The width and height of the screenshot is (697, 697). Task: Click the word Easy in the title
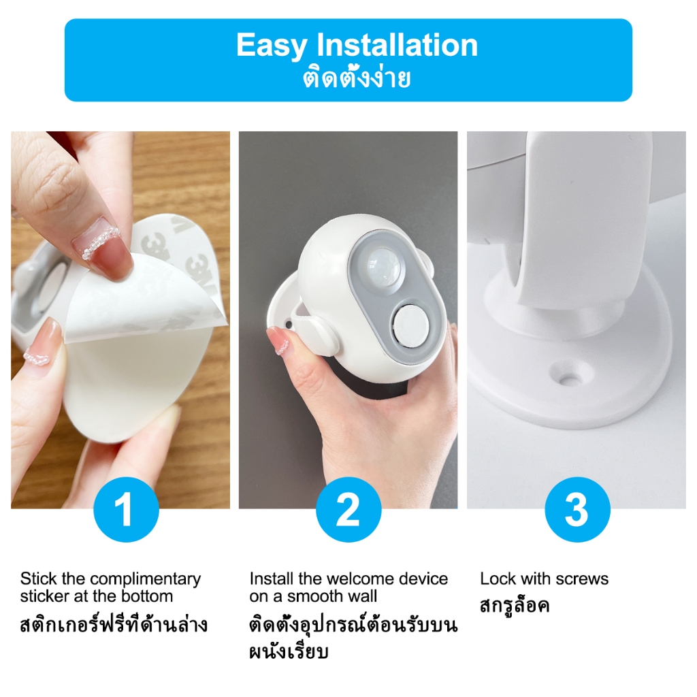pos(271,46)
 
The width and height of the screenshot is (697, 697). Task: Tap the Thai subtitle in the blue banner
pos(357,78)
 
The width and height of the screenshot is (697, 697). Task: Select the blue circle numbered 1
pos(126,509)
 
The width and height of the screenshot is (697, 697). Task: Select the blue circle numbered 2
pos(348,509)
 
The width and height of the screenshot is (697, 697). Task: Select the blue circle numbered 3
pos(577,509)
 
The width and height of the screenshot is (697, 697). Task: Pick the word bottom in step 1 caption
pos(146,596)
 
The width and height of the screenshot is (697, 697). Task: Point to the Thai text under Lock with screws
pos(515,605)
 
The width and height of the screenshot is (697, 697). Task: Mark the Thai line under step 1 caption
pos(114,624)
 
